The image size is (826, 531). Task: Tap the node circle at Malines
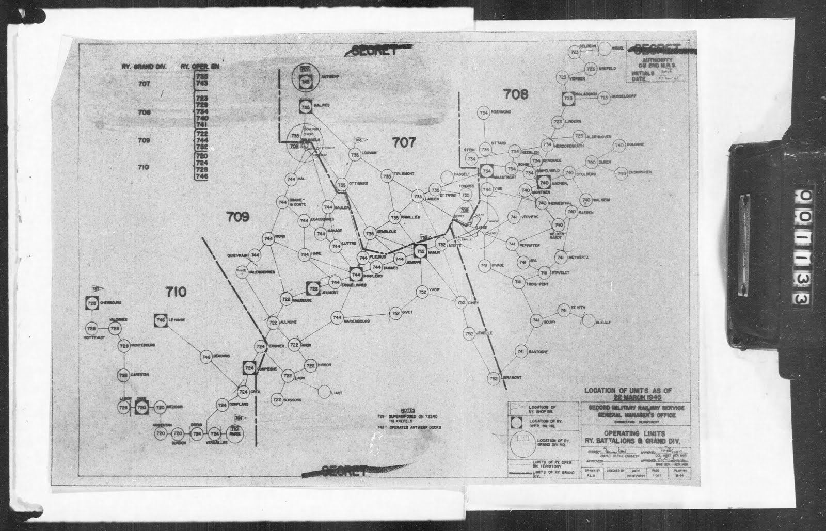[305, 107]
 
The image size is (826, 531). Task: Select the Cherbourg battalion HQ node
[92, 304]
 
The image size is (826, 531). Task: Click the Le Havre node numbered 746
[160, 320]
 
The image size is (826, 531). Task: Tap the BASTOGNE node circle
[520, 352]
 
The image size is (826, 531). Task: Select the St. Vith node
[563, 310]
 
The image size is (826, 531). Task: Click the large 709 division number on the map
[237, 217]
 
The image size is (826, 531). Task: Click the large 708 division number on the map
[516, 94]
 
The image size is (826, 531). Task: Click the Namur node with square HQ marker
[420, 251]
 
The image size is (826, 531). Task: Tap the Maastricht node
[486, 171]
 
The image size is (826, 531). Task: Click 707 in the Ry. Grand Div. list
[144, 84]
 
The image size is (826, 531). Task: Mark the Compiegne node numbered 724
[249, 368]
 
